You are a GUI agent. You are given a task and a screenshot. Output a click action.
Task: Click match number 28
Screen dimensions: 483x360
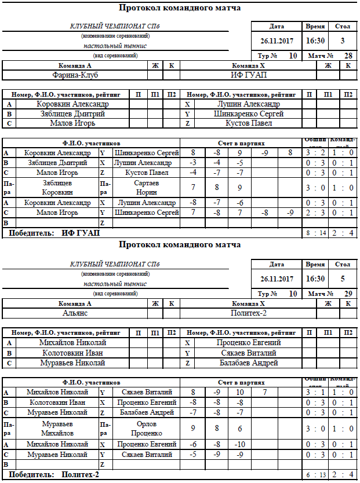(x=348, y=56)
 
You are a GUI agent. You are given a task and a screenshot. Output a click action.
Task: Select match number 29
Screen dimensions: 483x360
(x=348, y=294)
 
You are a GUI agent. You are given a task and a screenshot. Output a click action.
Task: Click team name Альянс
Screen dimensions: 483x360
(x=75, y=313)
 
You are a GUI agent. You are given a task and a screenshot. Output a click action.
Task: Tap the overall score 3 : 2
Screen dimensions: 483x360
(x=316, y=153)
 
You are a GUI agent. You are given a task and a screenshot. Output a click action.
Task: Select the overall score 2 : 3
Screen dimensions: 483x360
(x=316, y=213)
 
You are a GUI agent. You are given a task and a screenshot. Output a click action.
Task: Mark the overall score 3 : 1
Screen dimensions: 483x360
(x=316, y=392)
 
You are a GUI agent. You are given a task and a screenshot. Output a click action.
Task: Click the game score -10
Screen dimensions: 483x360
(x=239, y=444)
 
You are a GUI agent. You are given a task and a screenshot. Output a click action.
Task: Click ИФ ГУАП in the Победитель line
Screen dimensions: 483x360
(x=81, y=233)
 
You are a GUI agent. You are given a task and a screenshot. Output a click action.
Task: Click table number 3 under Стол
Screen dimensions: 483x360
(x=343, y=41)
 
